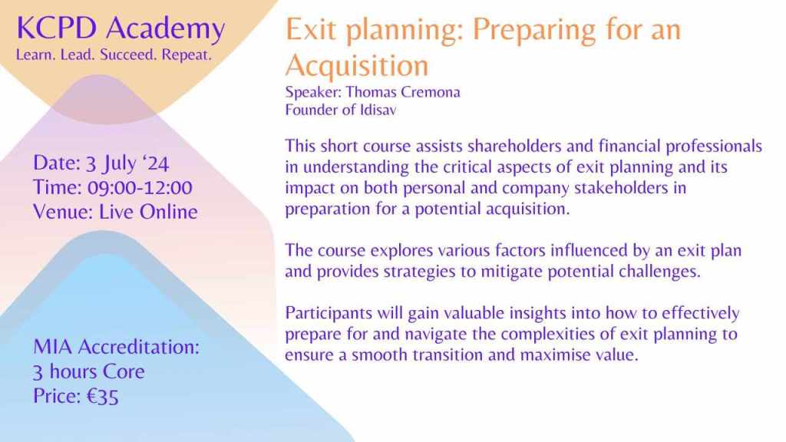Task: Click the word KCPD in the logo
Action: coord(56,28)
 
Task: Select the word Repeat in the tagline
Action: coord(186,54)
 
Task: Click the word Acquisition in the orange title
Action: coord(357,66)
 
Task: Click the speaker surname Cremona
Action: coord(431,92)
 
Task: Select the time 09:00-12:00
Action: coord(140,188)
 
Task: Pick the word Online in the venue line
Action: coord(168,212)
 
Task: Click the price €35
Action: coord(103,397)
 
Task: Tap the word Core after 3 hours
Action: coord(124,372)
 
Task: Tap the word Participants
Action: coord(329,313)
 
